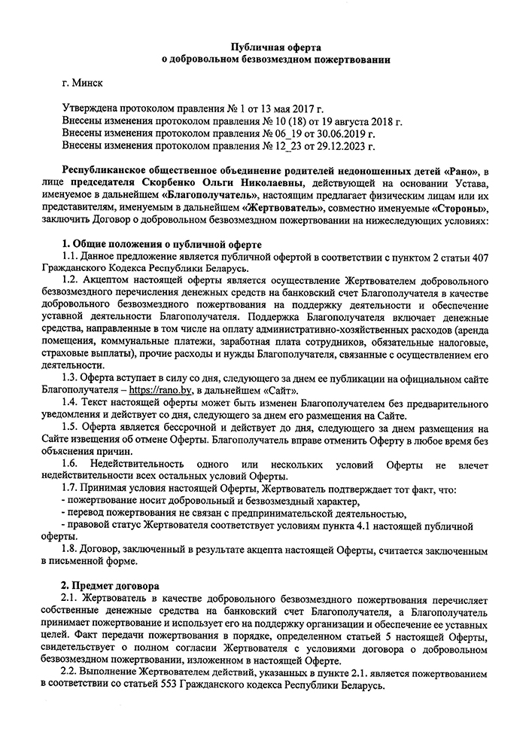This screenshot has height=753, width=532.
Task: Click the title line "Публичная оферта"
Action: coord(265,47)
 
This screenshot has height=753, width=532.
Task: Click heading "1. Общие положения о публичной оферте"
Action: coord(161,245)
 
